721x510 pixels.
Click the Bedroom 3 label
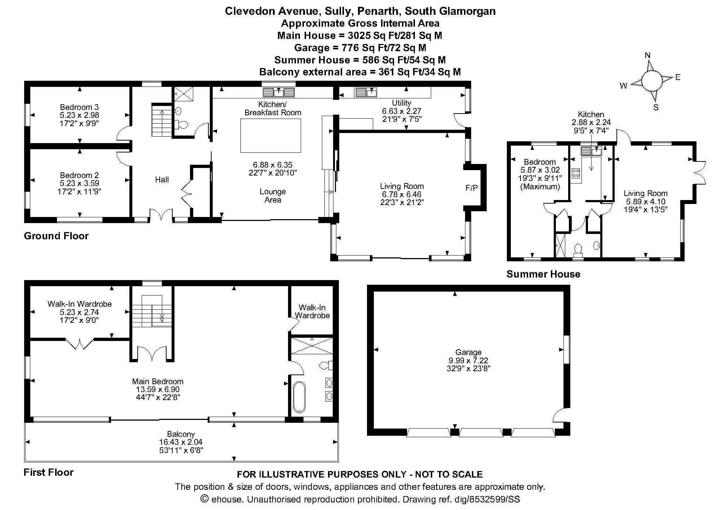click(79, 107)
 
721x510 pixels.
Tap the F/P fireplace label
click(471, 188)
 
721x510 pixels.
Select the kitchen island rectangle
click(271, 136)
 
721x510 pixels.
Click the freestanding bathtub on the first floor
click(299, 397)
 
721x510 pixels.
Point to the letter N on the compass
click(647, 55)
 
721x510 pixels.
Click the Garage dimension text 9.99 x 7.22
click(468, 360)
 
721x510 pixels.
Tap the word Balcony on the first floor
click(181, 434)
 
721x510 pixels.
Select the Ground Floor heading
click(56, 236)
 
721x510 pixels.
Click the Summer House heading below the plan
click(543, 274)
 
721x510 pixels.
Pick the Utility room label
click(402, 103)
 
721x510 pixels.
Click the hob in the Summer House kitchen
click(575, 173)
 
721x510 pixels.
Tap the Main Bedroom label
click(158, 381)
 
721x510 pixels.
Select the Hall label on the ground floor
click(162, 179)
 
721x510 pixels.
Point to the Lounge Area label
click(273, 196)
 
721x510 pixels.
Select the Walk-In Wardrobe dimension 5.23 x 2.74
click(79, 312)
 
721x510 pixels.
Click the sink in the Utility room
click(366, 93)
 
